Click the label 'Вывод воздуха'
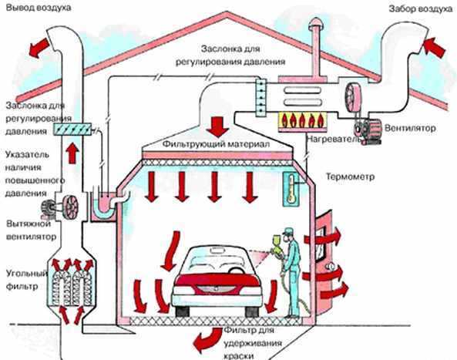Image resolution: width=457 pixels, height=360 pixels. pos(39,7)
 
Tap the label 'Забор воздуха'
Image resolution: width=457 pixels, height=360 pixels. pos(421,9)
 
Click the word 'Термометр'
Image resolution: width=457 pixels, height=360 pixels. pos(350,177)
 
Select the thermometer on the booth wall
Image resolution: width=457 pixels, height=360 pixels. pos(291,190)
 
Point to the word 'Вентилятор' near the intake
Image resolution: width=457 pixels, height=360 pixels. pos(410,128)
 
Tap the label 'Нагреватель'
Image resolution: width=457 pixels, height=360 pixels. pos(334,139)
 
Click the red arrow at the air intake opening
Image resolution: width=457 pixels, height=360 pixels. pos(434,47)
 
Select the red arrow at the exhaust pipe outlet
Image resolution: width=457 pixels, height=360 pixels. pos(39,48)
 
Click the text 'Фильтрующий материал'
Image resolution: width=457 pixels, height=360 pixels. pos(216,144)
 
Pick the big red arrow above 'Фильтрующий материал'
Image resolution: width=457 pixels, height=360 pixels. pos(218,126)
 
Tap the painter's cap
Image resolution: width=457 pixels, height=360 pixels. pos(287,231)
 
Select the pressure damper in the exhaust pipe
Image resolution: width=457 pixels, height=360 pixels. pos(72,130)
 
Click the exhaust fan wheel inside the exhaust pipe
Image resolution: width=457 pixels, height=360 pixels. pos(71,207)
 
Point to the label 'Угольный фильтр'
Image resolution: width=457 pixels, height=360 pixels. pos(26,280)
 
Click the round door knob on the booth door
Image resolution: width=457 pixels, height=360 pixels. pos(331,266)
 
